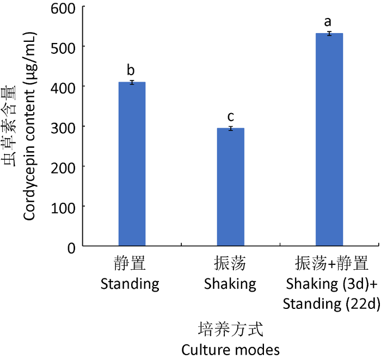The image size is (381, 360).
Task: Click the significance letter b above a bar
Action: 131,71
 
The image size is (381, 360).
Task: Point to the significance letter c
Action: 230,117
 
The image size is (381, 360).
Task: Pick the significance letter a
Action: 328,22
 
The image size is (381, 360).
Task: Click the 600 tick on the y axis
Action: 64,7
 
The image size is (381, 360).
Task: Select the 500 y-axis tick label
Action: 64,47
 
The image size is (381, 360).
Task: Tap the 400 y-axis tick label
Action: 64,86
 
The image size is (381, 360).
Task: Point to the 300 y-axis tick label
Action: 64,127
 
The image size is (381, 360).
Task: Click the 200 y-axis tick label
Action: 64,166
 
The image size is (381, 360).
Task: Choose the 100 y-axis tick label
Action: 64,207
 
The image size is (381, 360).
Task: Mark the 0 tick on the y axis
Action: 72,247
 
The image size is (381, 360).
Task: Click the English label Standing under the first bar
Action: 130,283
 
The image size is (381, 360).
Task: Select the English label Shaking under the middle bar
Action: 230,283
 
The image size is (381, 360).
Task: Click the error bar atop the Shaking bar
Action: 230,128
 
